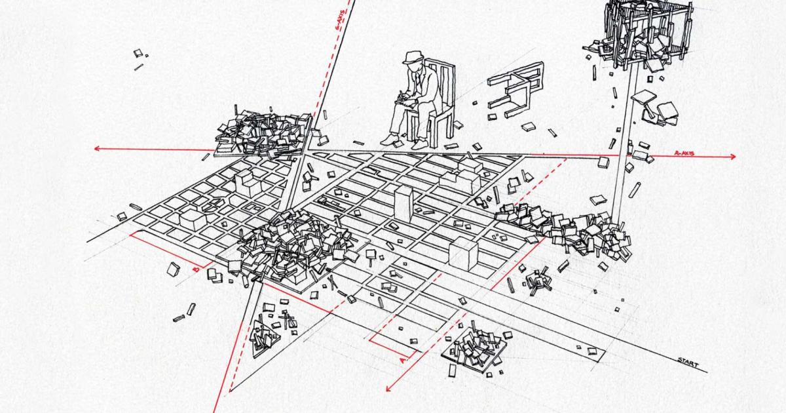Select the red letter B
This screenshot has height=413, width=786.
point(195,268)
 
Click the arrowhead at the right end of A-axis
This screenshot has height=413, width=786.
point(732,157)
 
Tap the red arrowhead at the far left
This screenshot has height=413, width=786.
point(97,149)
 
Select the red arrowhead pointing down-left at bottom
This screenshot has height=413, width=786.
point(388,389)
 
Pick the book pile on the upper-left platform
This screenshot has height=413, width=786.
point(261,130)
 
